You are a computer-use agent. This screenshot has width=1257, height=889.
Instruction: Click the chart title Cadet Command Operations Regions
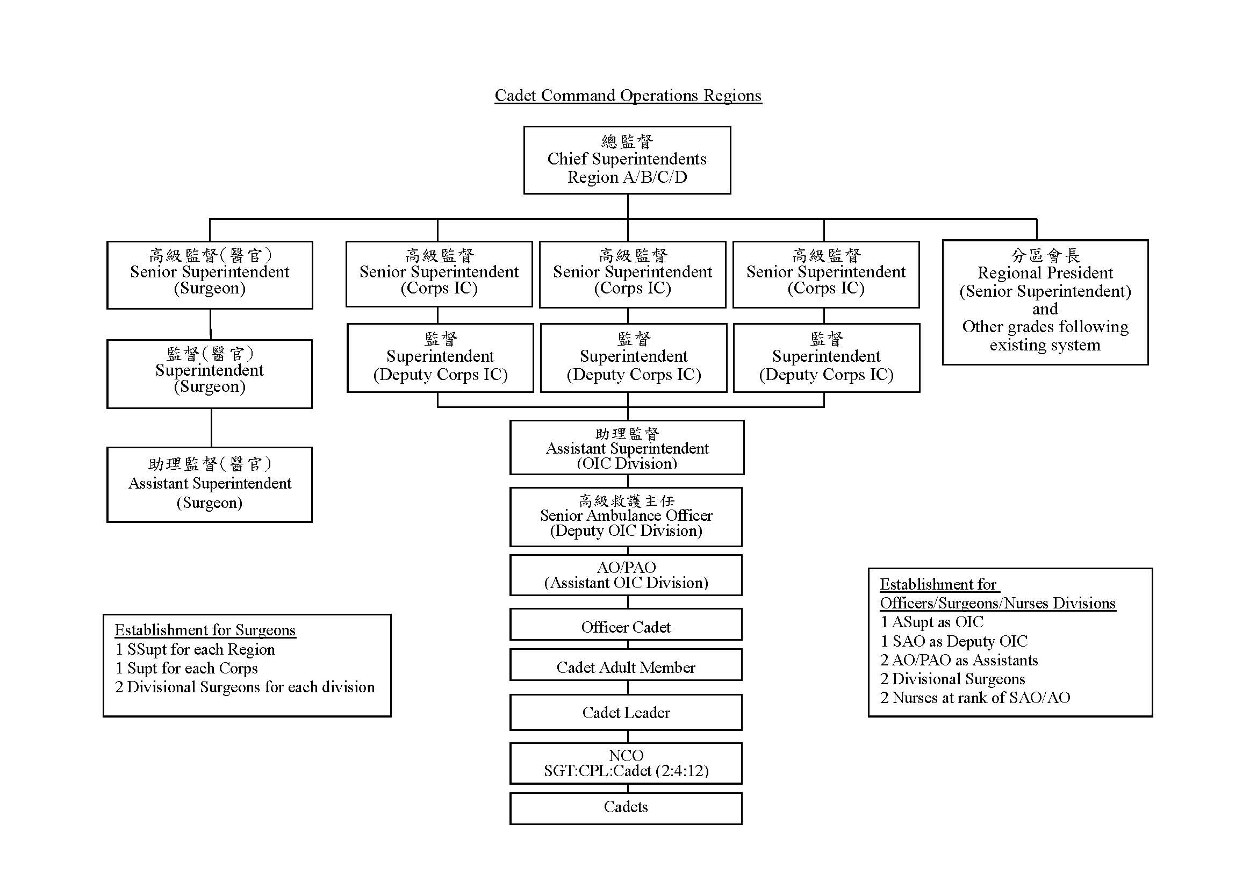click(628, 95)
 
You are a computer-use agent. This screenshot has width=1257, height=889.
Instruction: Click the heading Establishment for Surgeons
click(205, 630)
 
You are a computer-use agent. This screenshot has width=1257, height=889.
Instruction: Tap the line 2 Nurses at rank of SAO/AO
click(975, 698)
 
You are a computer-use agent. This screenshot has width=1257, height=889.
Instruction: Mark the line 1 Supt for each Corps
click(186, 669)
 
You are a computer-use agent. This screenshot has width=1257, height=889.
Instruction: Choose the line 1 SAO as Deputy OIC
click(954, 641)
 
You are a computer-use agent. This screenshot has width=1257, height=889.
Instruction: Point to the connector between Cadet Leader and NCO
click(627, 736)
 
